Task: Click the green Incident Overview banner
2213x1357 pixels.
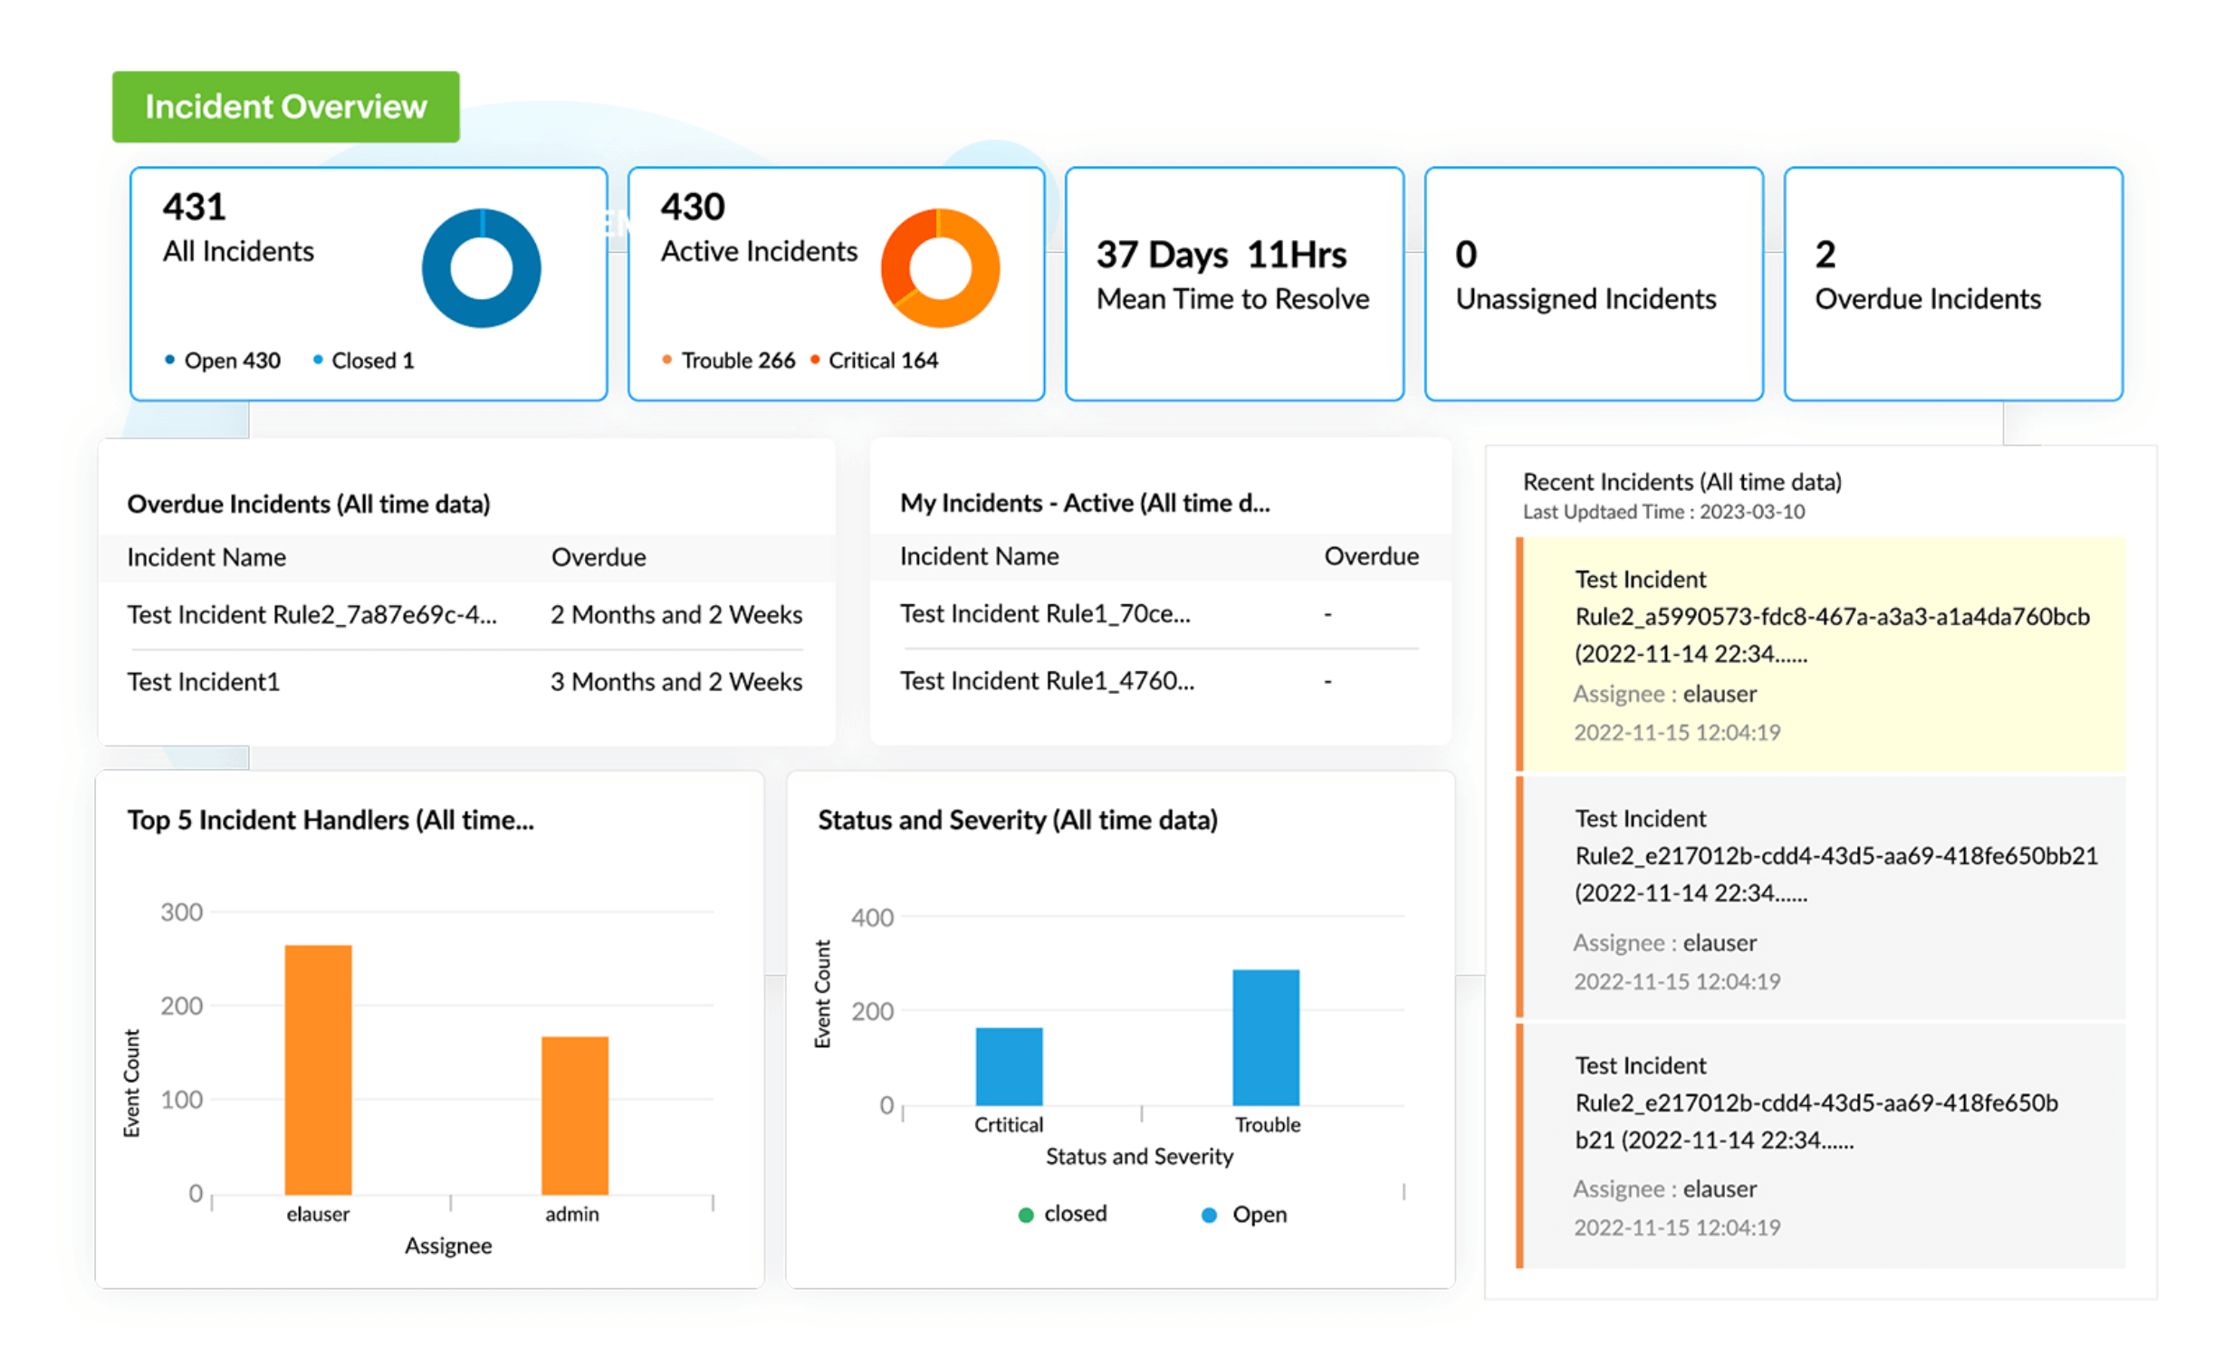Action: tap(285, 107)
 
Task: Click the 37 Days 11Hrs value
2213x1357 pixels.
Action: tap(1221, 255)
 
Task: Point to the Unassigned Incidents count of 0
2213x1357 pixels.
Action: tap(1465, 255)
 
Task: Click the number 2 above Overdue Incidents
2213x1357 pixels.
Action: tap(1825, 255)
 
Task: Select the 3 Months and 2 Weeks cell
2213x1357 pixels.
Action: tap(675, 681)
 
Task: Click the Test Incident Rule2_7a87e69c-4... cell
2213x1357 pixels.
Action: tap(311, 614)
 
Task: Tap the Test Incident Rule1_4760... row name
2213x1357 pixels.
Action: tap(1047, 680)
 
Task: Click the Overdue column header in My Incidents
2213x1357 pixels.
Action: tap(1371, 556)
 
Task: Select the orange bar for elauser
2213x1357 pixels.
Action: tap(318, 1069)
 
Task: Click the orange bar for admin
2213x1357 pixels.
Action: tap(574, 1114)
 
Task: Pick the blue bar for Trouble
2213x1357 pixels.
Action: tap(1265, 1037)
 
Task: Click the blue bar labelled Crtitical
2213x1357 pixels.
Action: tap(1009, 1066)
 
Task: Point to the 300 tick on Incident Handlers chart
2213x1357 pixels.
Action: tap(181, 912)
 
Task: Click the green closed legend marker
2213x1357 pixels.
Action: tap(1026, 1215)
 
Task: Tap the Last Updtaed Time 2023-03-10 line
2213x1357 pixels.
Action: tap(1662, 512)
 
